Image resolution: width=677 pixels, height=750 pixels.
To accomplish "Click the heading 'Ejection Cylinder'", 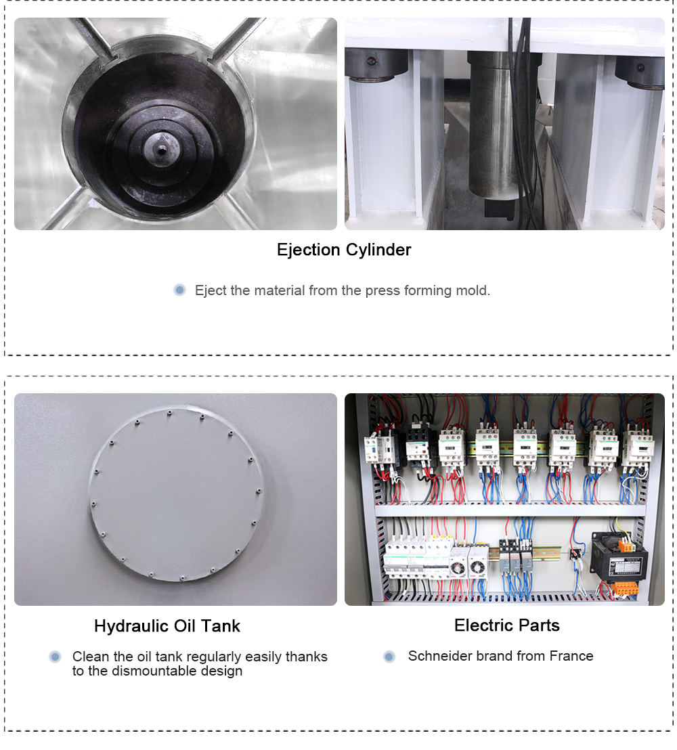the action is tap(343, 250).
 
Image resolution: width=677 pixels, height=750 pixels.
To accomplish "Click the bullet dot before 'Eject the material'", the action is tap(179, 290).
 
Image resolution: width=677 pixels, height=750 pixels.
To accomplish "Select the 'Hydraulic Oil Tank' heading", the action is tap(167, 625).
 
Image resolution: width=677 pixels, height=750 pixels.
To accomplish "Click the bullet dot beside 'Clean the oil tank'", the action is tap(55, 657).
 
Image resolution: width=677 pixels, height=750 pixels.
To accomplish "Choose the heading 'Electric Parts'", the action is tap(506, 625).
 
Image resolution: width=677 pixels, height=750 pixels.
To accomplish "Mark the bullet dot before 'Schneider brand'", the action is tap(389, 657).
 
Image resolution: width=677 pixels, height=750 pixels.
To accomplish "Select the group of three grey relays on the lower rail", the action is tap(516, 556).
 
